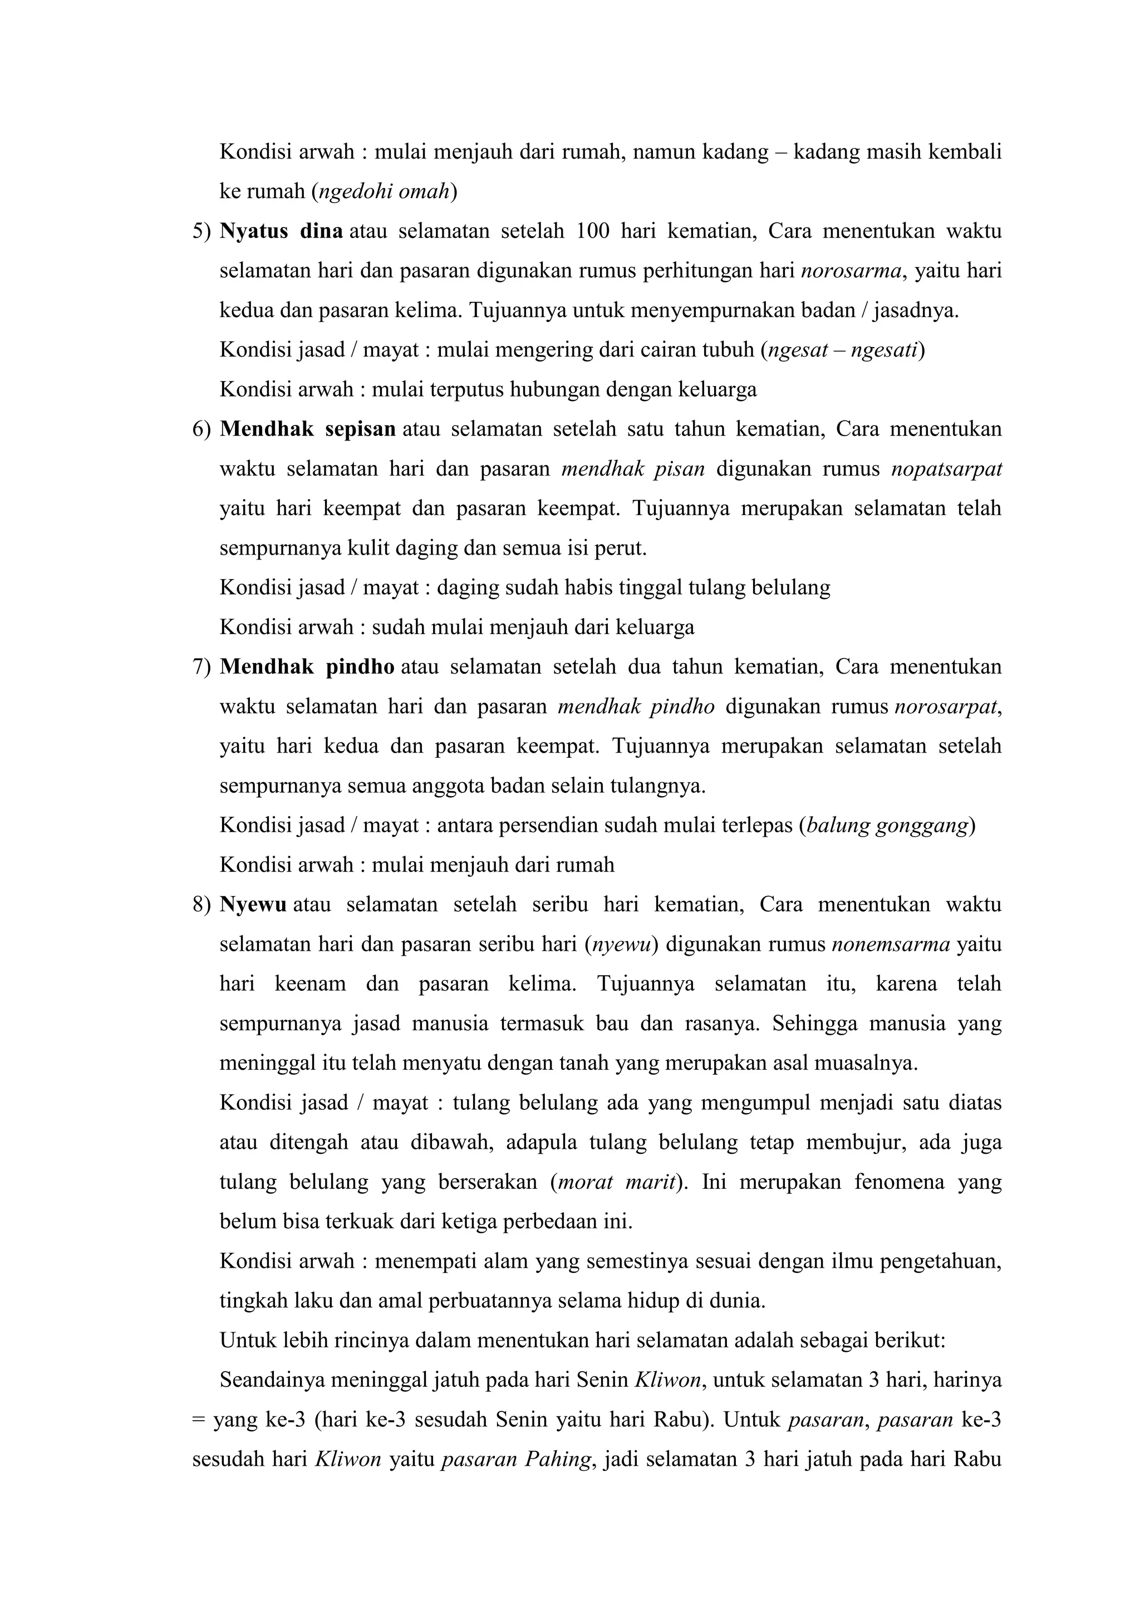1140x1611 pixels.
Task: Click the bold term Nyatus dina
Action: [281, 231]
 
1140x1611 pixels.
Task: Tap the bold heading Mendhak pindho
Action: [307, 666]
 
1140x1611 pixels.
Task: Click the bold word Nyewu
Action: [253, 905]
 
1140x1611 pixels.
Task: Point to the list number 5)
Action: [202, 231]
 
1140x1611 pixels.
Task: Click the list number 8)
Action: [202, 905]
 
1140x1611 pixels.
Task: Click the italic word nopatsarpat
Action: [946, 469]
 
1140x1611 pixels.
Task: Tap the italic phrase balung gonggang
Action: [887, 825]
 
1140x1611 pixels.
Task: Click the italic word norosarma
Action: [851, 271]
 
